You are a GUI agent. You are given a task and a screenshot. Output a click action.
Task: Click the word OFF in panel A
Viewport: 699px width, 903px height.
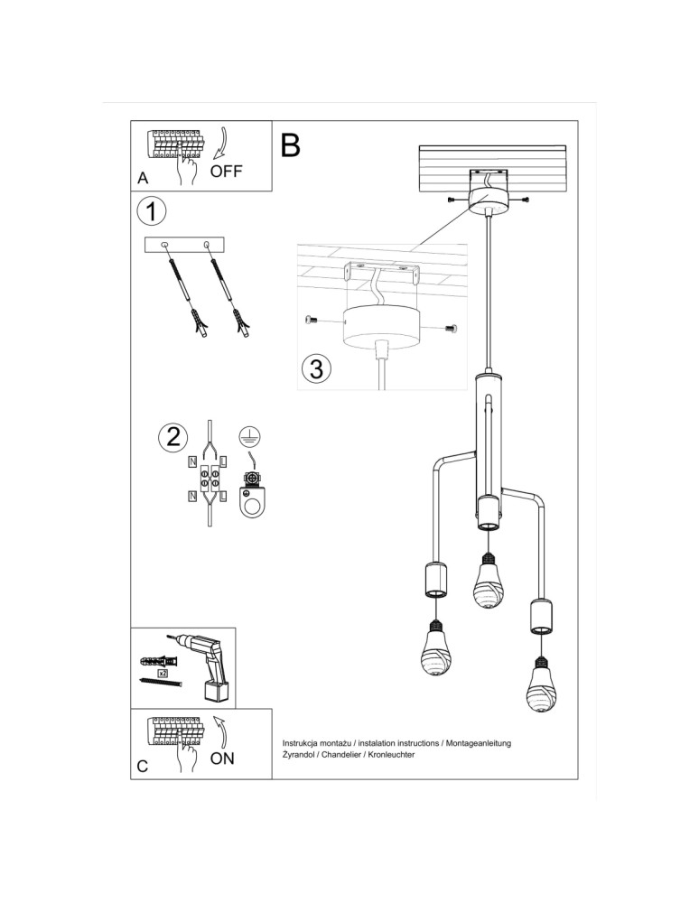[227, 171]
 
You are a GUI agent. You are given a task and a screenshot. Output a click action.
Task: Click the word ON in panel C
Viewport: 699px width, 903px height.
[222, 759]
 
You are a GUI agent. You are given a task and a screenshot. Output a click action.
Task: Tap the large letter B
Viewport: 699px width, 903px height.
[290, 144]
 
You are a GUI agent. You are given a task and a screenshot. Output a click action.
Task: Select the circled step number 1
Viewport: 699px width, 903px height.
[152, 213]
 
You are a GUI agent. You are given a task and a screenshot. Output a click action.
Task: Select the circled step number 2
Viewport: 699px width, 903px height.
[172, 437]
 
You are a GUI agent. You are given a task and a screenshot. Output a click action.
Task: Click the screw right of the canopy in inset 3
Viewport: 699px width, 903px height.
[452, 329]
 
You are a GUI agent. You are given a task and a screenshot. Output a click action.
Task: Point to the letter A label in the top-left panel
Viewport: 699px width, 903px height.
[143, 179]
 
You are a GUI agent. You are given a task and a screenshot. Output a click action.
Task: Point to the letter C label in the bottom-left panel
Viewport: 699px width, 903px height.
[143, 767]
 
